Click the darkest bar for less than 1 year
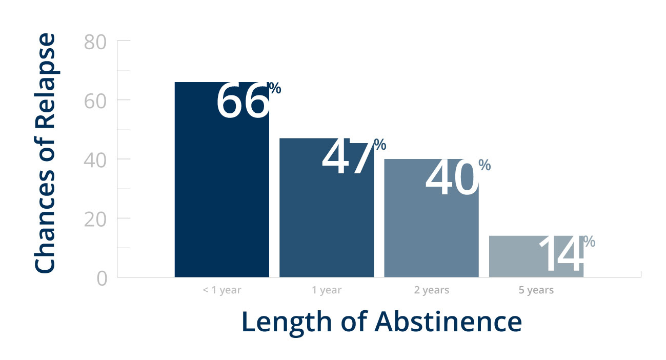(222, 179)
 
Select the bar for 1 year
(327, 208)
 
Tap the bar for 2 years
(431, 218)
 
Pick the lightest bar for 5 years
(536, 256)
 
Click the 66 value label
(243, 101)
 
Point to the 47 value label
(347, 156)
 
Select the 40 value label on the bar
(452, 177)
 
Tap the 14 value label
(561, 253)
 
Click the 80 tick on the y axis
(95, 42)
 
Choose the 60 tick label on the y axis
(95, 102)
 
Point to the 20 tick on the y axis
(95, 219)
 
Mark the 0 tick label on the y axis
(102, 279)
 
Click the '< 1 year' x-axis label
(222, 290)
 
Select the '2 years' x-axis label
(431, 290)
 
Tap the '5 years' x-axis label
(536, 290)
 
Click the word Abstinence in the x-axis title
(448, 322)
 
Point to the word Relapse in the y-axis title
(45, 81)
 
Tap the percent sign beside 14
(589, 241)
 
